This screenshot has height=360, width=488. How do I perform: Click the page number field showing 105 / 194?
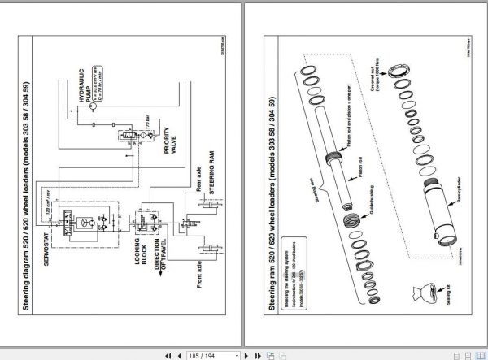pyautogui.click(x=201, y=354)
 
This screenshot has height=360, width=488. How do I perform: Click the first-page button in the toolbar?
pyautogui.click(x=168, y=354)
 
